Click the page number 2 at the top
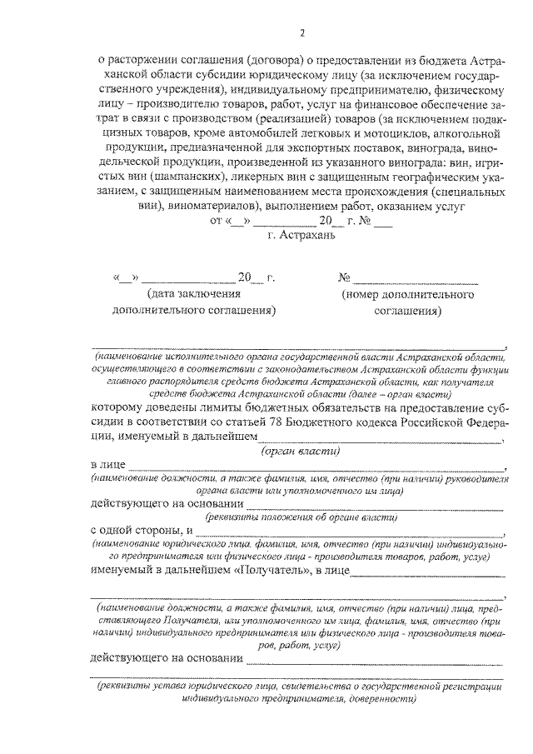point(302,32)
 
